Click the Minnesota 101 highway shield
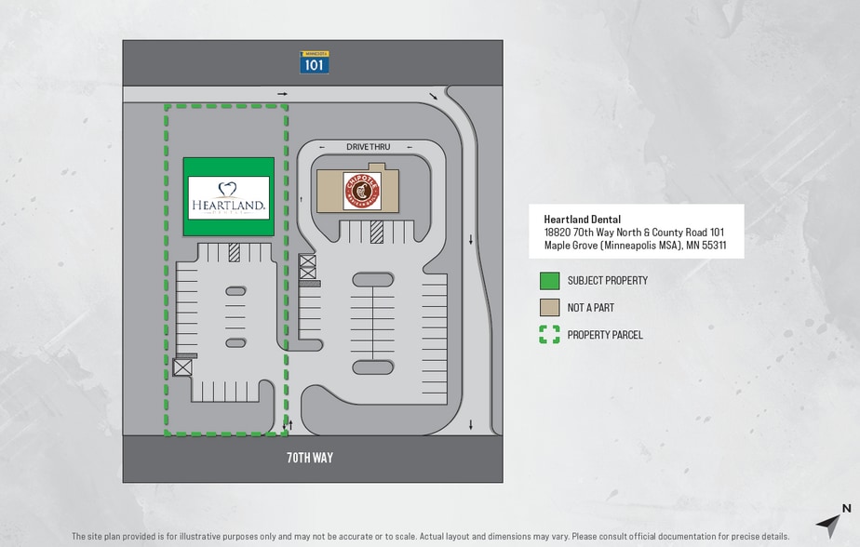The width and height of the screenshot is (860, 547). click(315, 62)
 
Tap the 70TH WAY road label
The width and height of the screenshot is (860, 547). click(310, 458)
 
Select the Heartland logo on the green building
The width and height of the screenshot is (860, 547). click(229, 197)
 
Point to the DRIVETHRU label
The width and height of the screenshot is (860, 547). click(368, 147)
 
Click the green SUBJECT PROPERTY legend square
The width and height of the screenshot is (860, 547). click(549, 281)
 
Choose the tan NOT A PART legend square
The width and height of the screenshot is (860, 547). click(549, 308)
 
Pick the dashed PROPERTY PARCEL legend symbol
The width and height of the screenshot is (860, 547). click(549, 335)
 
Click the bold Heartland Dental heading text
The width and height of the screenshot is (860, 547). click(583, 220)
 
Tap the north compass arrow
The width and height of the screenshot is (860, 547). click(831, 523)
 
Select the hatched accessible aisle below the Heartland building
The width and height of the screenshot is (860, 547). click(234, 251)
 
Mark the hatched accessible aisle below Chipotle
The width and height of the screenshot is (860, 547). click(376, 232)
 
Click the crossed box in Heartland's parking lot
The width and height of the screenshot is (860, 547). click(181, 367)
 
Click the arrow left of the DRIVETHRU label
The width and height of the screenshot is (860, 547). click(322, 147)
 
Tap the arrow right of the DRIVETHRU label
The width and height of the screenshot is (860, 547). click(410, 147)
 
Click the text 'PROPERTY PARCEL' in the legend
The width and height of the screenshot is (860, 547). click(605, 335)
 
